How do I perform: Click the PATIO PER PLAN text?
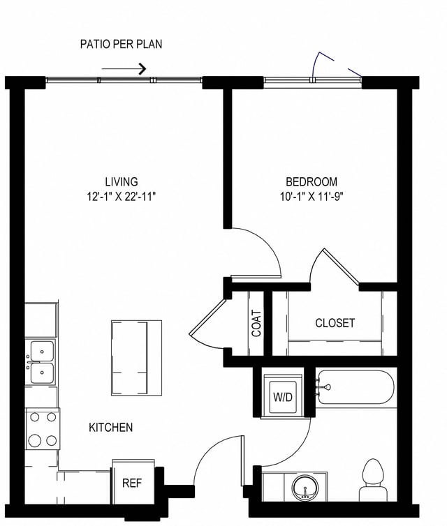[122, 45]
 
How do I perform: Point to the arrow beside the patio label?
[124, 68]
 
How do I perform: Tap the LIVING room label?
[121, 181]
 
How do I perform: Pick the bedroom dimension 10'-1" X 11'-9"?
[311, 197]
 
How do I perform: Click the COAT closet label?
[256, 323]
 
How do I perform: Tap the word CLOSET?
[335, 323]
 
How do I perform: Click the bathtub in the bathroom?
[355, 387]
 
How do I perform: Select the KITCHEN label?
[110, 427]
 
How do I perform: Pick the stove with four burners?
[42, 429]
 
